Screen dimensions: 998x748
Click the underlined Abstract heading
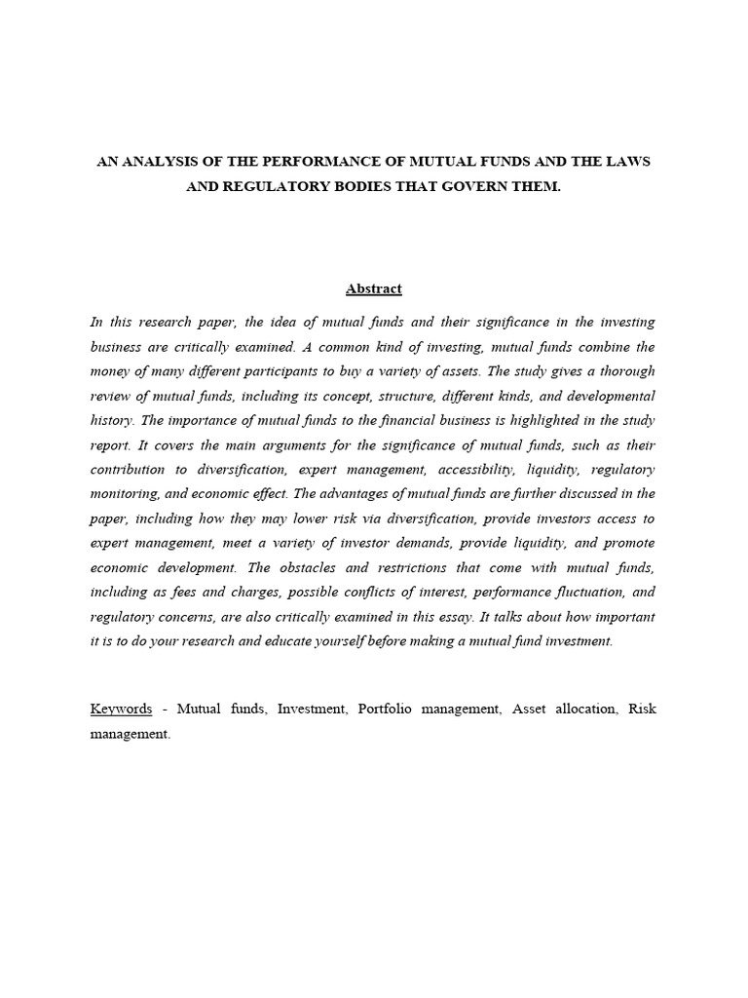374,288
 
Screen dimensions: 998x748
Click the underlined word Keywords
121,709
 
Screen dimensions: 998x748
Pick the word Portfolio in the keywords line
386,709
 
